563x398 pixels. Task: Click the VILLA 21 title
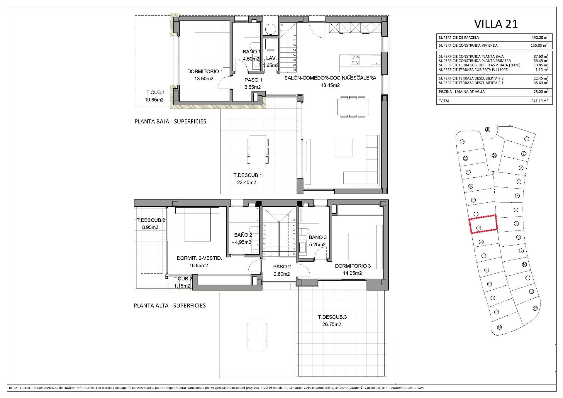tap(496, 24)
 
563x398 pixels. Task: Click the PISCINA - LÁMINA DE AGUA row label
tap(457, 92)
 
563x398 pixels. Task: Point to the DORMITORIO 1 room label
tap(205, 71)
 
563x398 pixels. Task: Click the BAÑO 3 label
tap(317, 237)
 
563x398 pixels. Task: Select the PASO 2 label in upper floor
tap(282, 267)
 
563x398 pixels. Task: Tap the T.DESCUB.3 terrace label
tap(332, 317)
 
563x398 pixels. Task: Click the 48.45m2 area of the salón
tap(330, 85)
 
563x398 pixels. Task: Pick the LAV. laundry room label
tap(271, 58)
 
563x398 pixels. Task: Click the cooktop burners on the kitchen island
tap(355, 60)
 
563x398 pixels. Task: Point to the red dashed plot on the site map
tap(483, 224)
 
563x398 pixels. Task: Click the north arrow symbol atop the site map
tap(488, 129)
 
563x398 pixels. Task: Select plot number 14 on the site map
tap(499, 327)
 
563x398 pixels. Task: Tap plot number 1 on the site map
tap(526, 139)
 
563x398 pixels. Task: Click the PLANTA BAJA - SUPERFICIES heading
tap(170, 121)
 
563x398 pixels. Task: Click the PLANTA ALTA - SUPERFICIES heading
tap(169, 306)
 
